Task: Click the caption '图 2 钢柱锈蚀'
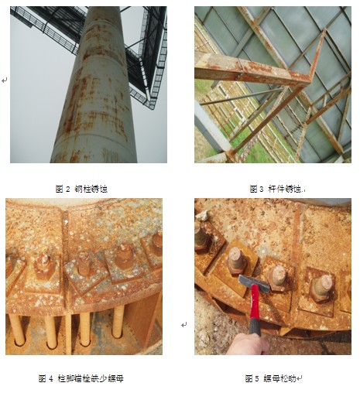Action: pyautogui.click(x=81, y=188)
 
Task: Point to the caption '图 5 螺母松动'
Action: pyautogui.click(x=273, y=378)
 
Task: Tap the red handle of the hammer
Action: pyautogui.click(x=252, y=313)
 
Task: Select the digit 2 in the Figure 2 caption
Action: pyautogui.click(x=68, y=188)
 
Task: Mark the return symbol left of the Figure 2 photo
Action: pyautogui.click(x=5, y=80)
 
